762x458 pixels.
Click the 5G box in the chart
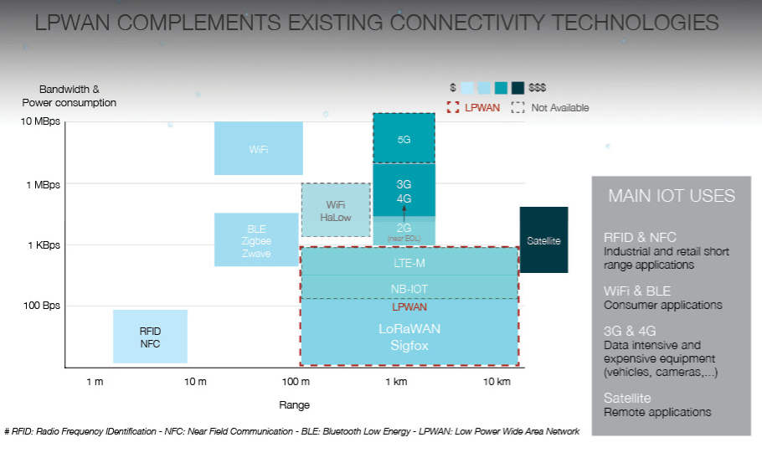(404, 139)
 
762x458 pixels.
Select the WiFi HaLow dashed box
(336, 210)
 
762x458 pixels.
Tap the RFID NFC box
(150, 337)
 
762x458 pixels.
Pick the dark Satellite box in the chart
(543, 240)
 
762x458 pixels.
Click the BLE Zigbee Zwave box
(256, 240)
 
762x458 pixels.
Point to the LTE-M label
(409, 262)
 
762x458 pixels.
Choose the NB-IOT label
(409, 288)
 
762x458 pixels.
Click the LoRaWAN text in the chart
(409, 329)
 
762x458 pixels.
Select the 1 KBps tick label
(42, 245)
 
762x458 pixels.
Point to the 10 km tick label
(497, 382)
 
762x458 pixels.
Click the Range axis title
(294, 405)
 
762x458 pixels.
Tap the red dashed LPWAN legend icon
(453, 107)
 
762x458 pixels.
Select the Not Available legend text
(559, 107)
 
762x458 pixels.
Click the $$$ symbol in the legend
(538, 87)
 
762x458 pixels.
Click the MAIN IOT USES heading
(672, 196)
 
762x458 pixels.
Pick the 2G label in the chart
(404, 227)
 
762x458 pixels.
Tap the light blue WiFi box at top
(258, 149)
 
